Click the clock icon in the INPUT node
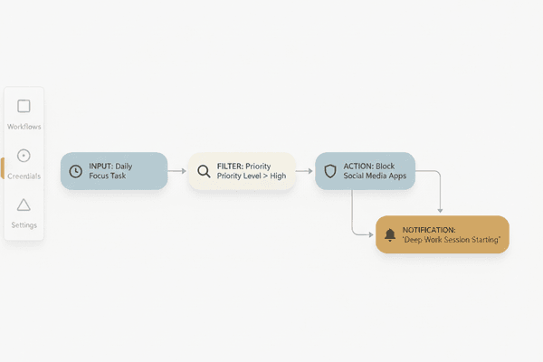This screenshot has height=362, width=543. coord(75,171)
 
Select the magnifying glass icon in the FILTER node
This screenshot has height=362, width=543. coord(204,171)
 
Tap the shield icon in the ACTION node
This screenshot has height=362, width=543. coord(330,171)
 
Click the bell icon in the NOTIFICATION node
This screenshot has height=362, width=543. coord(390,235)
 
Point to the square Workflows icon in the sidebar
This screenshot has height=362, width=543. coord(24,106)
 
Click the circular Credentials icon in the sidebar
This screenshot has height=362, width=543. coord(24,156)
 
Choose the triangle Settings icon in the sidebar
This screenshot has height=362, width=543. coord(24,205)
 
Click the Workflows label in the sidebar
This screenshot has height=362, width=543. coord(24,127)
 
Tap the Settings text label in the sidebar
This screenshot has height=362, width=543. coord(24,225)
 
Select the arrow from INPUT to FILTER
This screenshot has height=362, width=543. coord(177,171)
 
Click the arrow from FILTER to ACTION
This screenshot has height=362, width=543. coord(304,171)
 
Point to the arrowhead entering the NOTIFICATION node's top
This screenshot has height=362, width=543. coord(440,211)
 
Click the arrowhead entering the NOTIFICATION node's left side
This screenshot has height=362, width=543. coord(371,234)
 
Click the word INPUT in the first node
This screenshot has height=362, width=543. coord(100,167)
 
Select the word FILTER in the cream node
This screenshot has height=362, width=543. coord(230,167)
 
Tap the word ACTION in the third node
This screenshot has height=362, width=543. coord(357,167)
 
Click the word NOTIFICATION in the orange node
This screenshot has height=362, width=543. coord(429,230)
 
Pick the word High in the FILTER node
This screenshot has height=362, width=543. coord(278,176)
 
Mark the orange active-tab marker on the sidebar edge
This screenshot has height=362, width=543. coord(3,168)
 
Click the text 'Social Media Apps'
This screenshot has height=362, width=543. coord(375,176)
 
